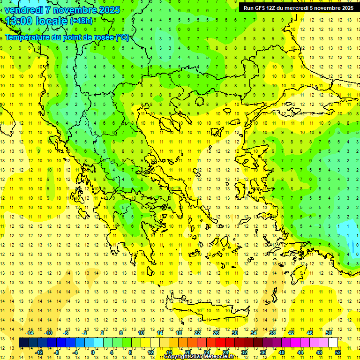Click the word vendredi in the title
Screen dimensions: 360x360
[x=24, y=10]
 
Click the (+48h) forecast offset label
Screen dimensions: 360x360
[x=81, y=21]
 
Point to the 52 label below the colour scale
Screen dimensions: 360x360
[x=338, y=352]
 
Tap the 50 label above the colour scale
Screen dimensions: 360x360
[x=328, y=333]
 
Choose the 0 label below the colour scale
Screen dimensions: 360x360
[x=93, y=352]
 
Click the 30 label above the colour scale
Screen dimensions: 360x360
[x=234, y=333]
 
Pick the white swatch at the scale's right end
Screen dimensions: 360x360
[x=333, y=343]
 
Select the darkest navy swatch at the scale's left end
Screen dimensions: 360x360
[x=23, y=343]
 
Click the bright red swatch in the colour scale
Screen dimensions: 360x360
[x=220, y=343]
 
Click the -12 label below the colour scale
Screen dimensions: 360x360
[x=39, y=352]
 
